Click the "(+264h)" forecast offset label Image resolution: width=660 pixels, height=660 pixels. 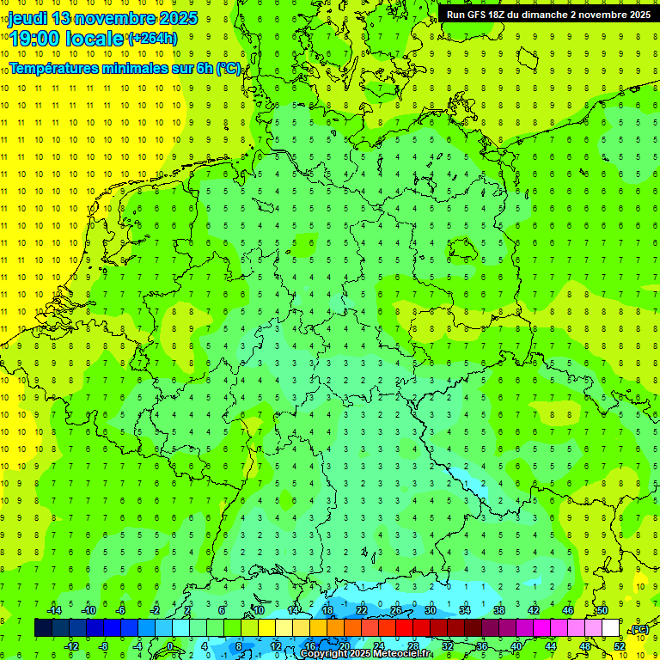pos(152,39)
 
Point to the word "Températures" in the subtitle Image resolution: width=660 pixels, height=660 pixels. pos(58,68)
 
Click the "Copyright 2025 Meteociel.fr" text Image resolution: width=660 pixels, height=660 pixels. pos(365,654)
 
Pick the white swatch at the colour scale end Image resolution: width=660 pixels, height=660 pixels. pos(611,628)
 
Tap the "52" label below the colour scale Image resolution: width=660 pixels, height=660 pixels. pos(620,646)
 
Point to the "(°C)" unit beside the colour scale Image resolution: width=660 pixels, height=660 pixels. pos(639,629)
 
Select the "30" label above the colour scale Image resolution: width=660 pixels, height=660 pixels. pos(430,610)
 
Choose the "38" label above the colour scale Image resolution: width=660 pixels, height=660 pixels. pos(498,610)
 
